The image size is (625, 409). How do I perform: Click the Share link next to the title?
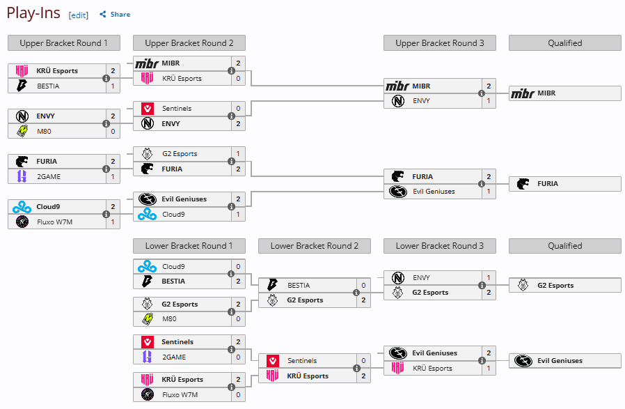(x=115, y=15)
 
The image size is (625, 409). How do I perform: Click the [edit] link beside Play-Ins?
(x=78, y=15)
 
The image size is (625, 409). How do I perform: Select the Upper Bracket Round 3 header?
(x=440, y=43)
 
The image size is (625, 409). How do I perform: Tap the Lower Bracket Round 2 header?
(x=315, y=246)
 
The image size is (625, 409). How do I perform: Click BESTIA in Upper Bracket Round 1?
(x=48, y=86)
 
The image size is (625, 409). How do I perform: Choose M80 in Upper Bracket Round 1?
(x=44, y=131)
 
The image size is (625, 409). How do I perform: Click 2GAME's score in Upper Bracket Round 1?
(x=113, y=176)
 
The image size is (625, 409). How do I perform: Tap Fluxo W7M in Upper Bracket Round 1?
(x=54, y=222)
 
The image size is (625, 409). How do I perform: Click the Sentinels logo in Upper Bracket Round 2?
(x=148, y=109)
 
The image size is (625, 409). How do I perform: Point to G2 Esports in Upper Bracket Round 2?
(x=180, y=153)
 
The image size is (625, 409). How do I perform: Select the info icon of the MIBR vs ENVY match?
(x=482, y=93)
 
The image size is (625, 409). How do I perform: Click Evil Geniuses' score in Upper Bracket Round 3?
(x=489, y=192)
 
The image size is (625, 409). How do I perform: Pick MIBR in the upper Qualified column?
(x=546, y=93)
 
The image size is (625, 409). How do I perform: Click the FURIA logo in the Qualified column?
(x=523, y=184)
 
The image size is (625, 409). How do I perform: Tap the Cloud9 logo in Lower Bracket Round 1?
(x=147, y=266)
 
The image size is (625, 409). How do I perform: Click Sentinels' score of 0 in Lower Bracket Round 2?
(x=363, y=361)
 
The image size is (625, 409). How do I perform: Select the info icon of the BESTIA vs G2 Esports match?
(x=356, y=293)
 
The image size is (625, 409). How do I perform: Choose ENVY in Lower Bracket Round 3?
(x=421, y=278)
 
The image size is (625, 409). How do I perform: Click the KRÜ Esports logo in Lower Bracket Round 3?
(x=398, y=368)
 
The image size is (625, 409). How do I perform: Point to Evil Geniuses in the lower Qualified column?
(x=560, y=361)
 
